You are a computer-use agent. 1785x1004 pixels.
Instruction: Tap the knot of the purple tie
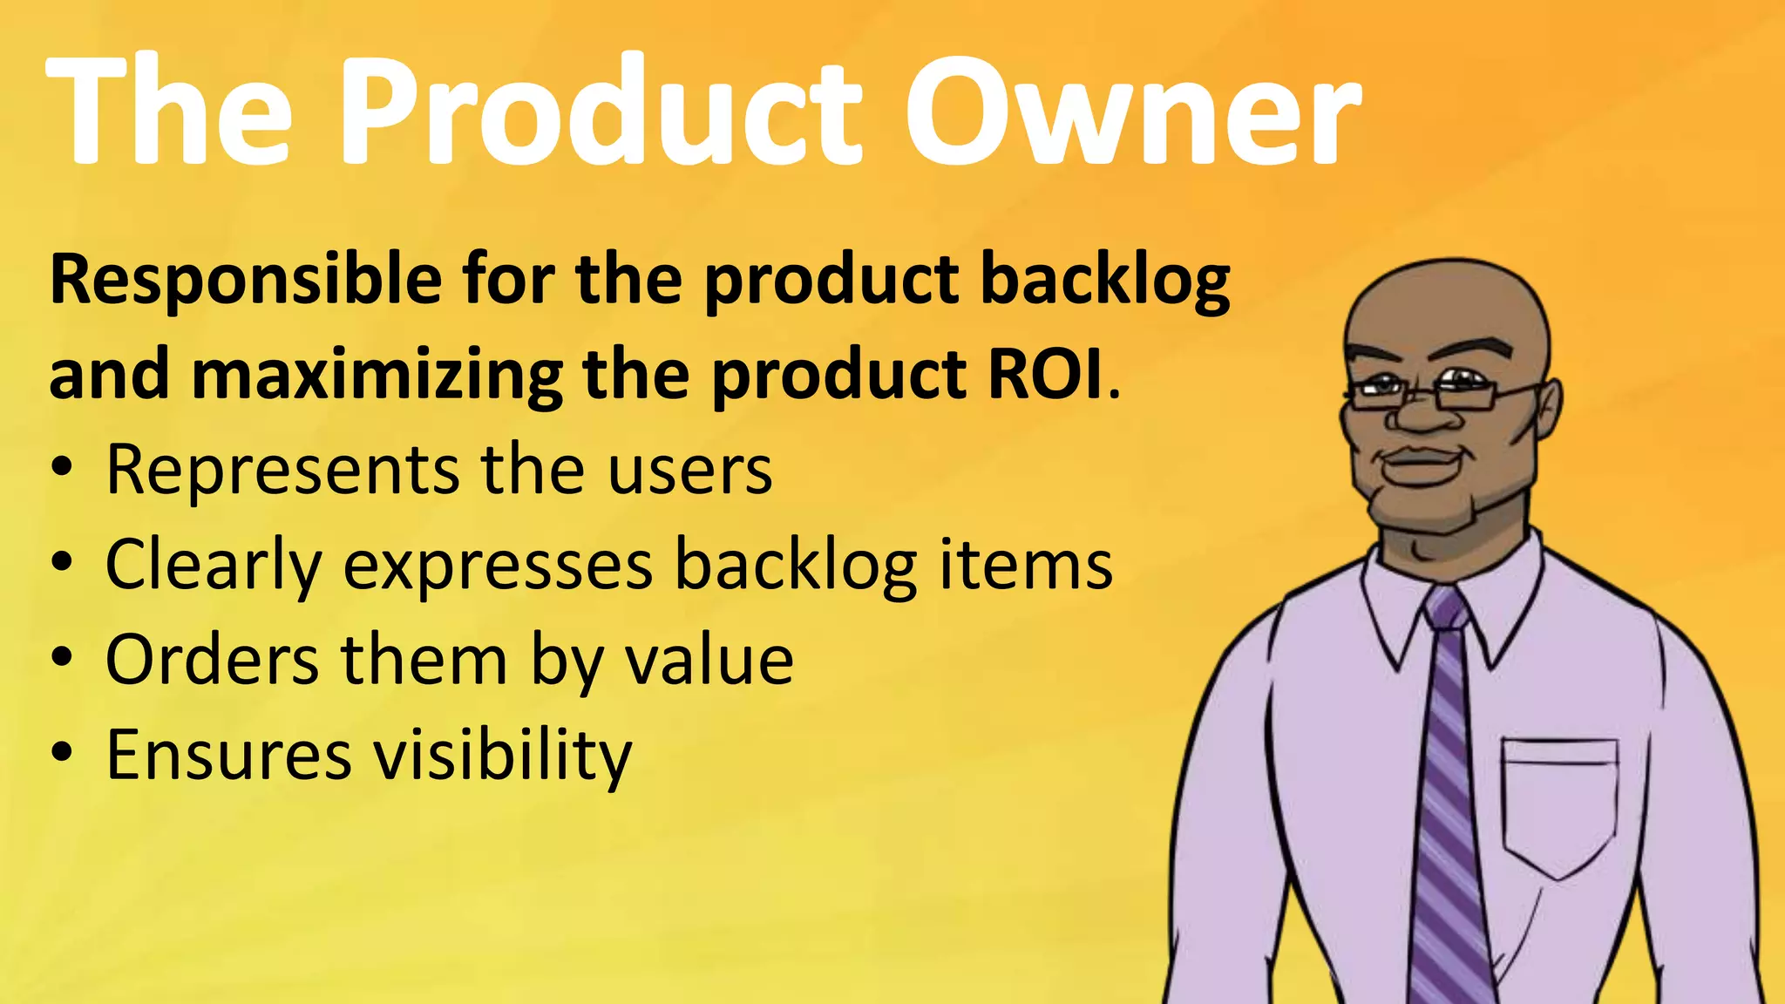pyautogui.click(x=1448, y=609)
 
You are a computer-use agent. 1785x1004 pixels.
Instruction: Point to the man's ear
pyautogui.click(x=1549, y=409)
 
